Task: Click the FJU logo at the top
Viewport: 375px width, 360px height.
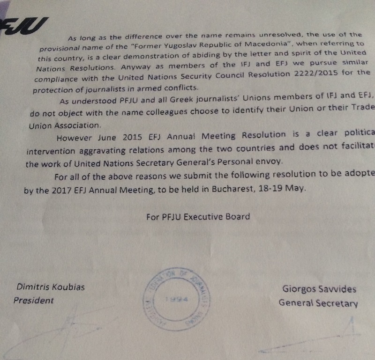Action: point(23,27)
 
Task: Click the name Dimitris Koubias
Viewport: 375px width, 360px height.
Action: point(51,287)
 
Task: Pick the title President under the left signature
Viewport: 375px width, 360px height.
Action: point(33,301)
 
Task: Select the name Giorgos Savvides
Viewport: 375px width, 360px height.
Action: point(319,289)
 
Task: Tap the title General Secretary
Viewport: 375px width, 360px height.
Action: point(318,303)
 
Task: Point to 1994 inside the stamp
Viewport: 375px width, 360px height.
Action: point(176,299)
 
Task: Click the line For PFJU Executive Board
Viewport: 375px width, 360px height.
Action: point(198,216)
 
